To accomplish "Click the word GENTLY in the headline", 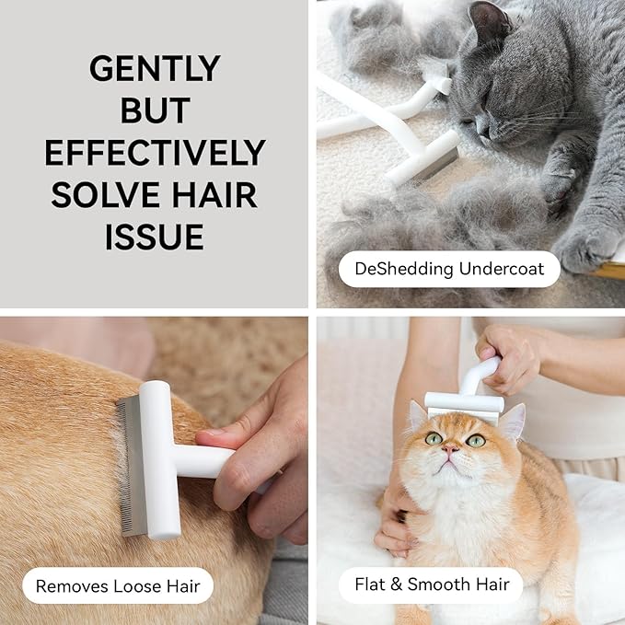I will click(155, 68).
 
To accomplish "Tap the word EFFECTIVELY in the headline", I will click(155, 152).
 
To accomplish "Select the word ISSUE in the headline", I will click(155, 237).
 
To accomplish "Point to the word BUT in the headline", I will click(155, 110).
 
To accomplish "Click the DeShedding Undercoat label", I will click(448, 270).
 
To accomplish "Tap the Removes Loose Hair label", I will click(117, 585).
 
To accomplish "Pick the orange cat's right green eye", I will click(475, 440).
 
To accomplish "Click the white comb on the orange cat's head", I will click(464, 402).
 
